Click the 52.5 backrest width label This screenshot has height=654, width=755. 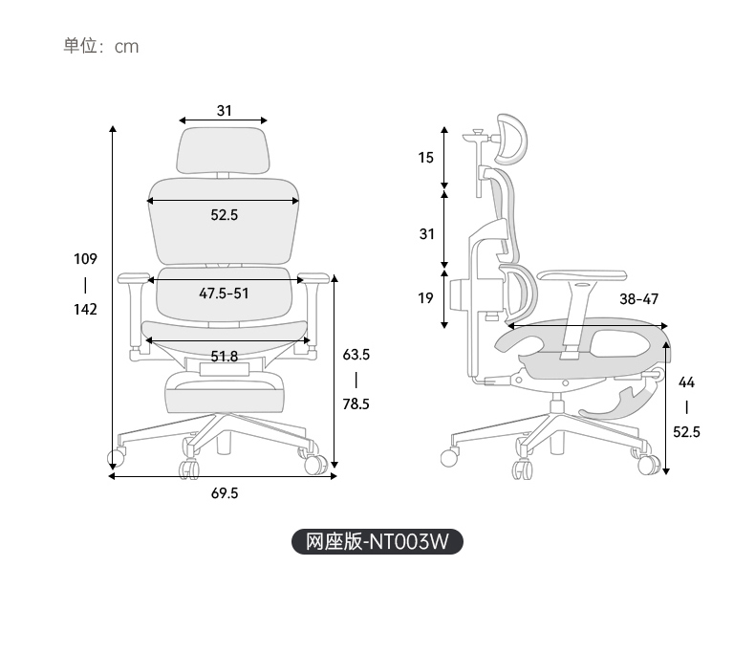[x=225, y=215]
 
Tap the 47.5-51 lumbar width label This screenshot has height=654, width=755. [x=224, y=294]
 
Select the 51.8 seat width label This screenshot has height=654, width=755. [x=225, y=357]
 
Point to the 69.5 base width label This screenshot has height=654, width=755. [x=225, y=493]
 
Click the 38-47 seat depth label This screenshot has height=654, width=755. [x=639, y=299]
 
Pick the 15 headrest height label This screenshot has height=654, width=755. [x=425, y=158]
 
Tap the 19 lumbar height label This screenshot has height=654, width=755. [x=425, y=298]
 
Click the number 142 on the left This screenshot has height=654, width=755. [x=85, y=309]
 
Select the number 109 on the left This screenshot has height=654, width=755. [x=85, y=259]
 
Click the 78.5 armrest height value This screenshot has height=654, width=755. [x=356, y=404]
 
